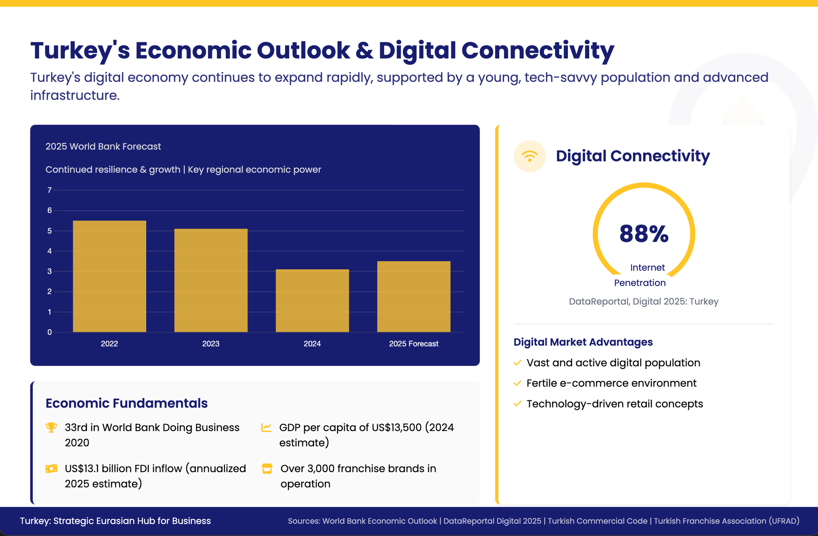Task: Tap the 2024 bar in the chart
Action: [312, 300]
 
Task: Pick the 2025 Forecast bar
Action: [414, 297]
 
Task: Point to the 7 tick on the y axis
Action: [49, 190]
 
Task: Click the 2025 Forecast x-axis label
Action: [414, 344]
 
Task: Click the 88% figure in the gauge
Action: [644, 234]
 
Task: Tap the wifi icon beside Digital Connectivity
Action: [530, 156]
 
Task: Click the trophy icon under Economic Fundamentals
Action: [51, 427]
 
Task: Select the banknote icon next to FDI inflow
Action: [51, 469]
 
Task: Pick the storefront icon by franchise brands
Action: [267, 469]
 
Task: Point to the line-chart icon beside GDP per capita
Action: [266, 427]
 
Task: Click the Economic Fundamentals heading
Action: [127, 403]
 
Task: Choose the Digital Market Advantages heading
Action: [583, 342]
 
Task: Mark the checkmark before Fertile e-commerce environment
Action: [518, 383]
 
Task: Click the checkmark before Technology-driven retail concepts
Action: [518, 403]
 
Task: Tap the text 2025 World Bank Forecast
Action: [103, 147]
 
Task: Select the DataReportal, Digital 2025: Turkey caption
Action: [643, 302]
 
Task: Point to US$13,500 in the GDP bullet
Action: [397, 427]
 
